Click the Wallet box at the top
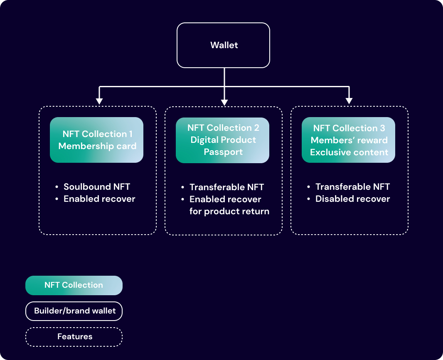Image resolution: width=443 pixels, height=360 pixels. [x=224, y=45]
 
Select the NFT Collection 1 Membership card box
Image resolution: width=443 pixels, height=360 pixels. [x=97, y=140]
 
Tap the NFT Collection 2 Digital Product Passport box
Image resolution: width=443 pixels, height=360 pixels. [x=223, y=140]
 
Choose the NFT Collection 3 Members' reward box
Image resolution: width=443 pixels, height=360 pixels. [x=349, y=140]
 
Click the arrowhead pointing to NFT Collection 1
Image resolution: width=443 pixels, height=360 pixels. [x=99, y=101]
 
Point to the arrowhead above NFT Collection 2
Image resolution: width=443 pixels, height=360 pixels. [x=224, y=102]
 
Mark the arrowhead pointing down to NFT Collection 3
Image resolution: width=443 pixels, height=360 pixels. [x=349, y=101]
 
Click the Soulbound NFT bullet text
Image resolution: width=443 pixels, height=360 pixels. [x=97, y=186]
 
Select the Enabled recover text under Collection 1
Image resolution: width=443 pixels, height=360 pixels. [x=99, y=199]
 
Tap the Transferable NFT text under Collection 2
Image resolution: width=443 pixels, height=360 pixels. [x=226, y=187]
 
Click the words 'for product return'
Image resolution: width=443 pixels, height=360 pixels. [x=229, y=211]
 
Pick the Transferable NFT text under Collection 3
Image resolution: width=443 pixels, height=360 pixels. [x=352, y=187]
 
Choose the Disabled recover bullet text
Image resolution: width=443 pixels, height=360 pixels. [x=352, y=199]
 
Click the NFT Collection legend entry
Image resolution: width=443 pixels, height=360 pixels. [x=74, y=285]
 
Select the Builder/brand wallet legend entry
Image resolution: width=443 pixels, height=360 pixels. [x=74, y=311]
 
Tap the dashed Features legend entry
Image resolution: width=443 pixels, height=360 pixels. [x=74, y=337]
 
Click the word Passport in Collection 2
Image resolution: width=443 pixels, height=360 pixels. [x=223, y=152]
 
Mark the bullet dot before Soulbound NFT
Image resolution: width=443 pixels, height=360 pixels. [x=57, y=187]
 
